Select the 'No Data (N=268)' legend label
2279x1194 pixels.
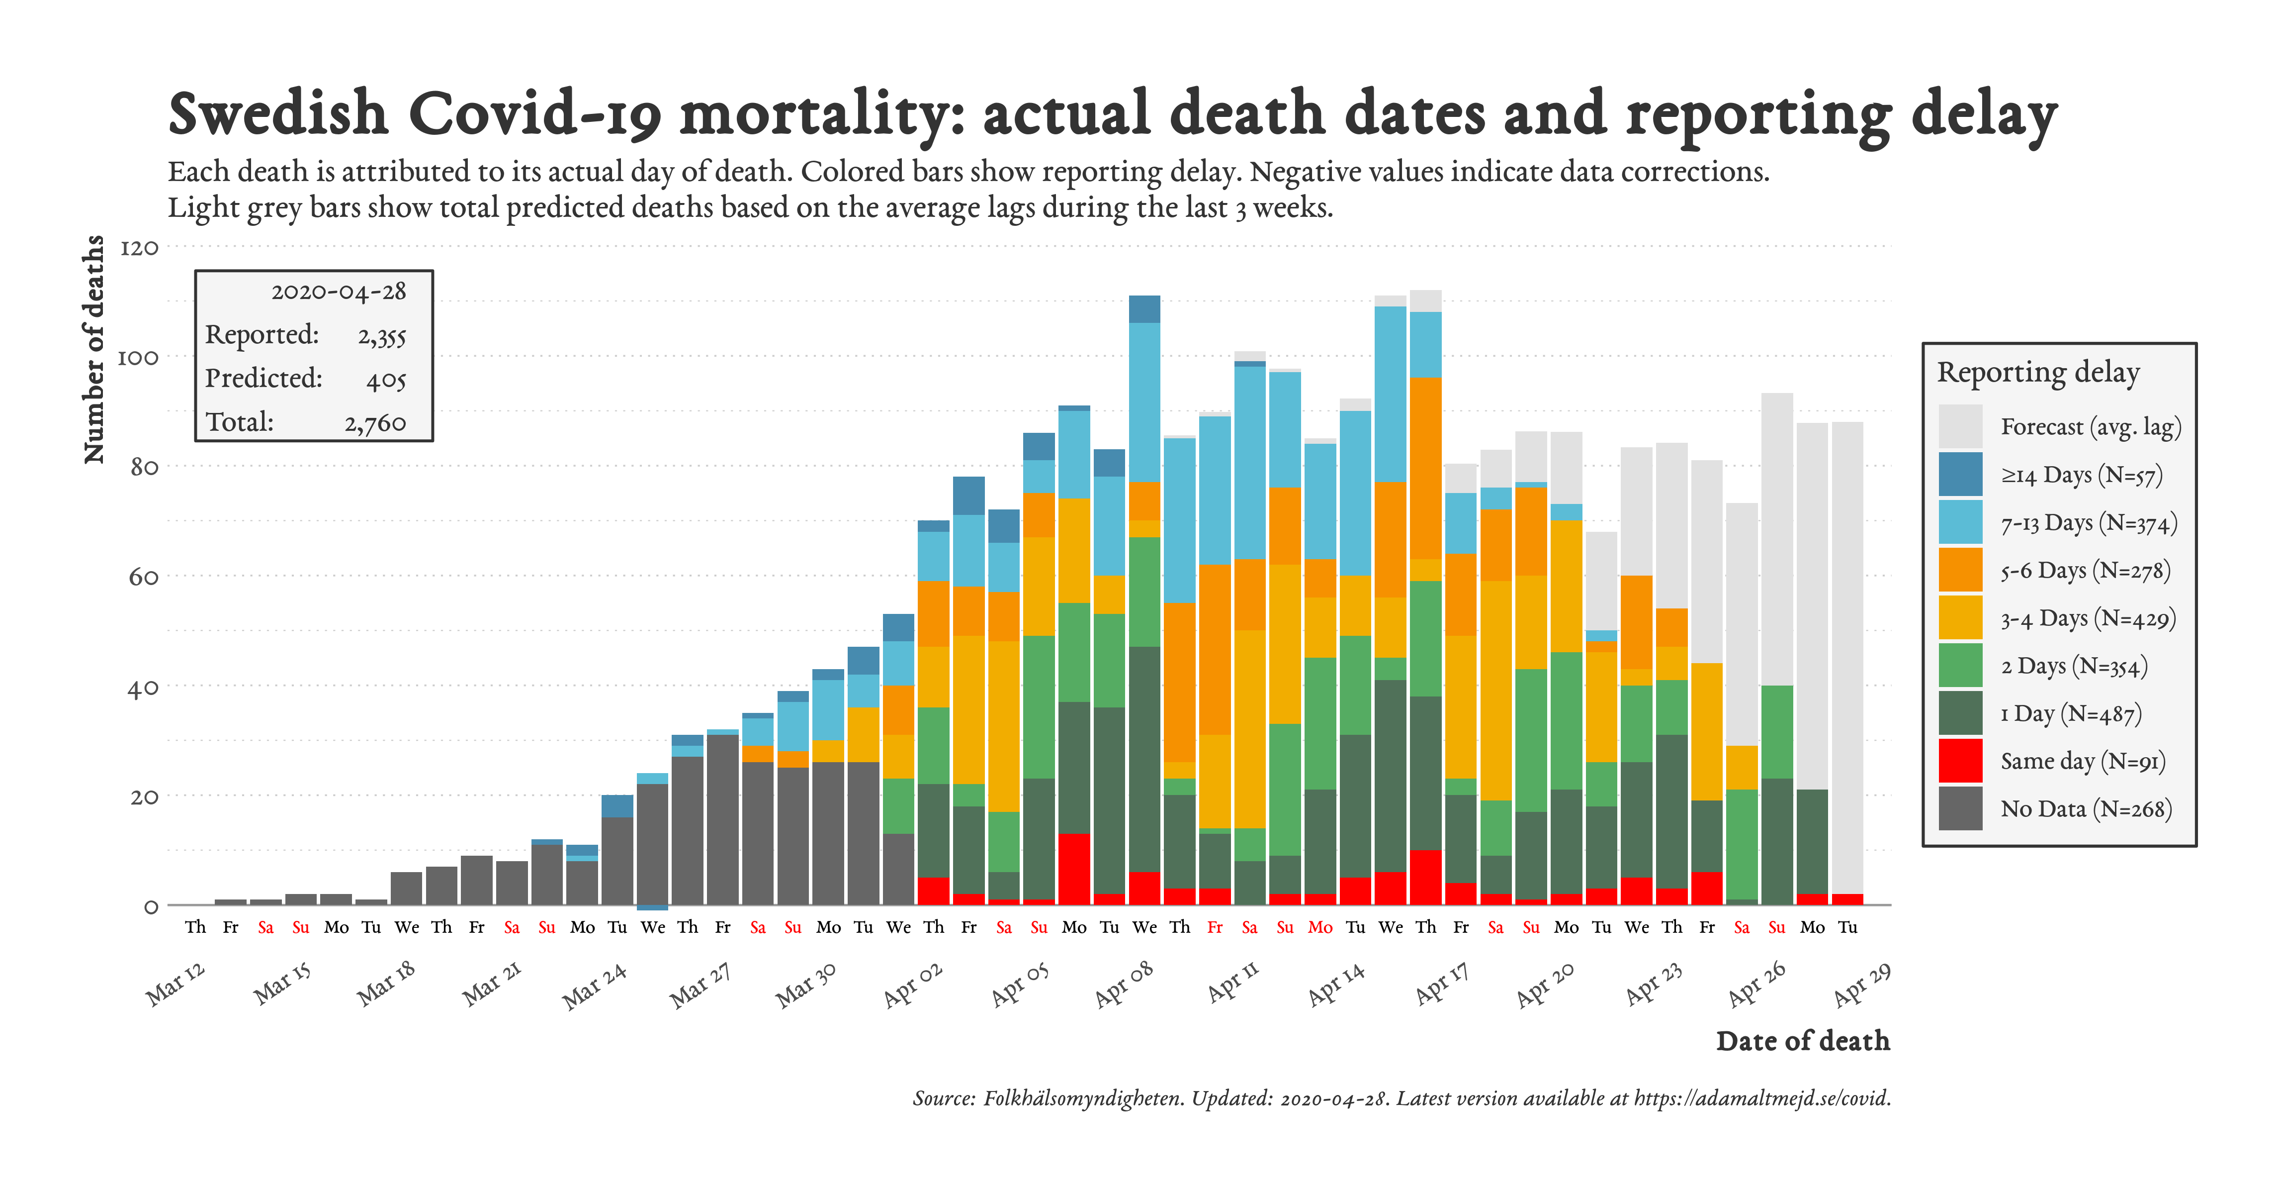coord(2085,809)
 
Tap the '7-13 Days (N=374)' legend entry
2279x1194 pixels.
coord(2088,523)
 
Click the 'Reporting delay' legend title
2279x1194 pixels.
coord(2037,373)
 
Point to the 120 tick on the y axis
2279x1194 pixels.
coord(139,248)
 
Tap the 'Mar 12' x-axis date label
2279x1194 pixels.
coord(175,984)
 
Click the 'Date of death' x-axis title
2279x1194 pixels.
coord(1802,1041)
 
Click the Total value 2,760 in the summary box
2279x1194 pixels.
coord(375,423)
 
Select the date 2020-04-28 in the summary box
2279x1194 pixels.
coord(338,292)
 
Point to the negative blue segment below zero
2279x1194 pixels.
coord(653,907)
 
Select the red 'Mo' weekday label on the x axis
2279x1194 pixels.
coord(1320,927)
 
